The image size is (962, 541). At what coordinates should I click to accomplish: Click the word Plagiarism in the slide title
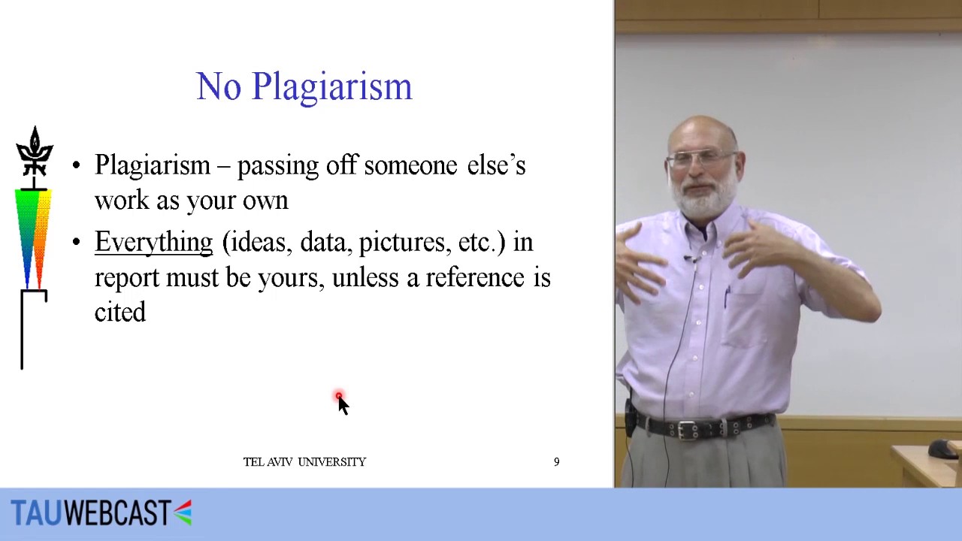point(331,87)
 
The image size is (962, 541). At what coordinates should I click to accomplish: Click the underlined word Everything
point(153,243)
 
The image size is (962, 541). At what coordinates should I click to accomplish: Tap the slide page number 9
point(557,462)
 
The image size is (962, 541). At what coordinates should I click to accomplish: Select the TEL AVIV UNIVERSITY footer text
point(304,462)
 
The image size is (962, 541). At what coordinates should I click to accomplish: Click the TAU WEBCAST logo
point(101,513)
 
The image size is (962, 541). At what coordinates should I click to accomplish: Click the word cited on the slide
point(120,313)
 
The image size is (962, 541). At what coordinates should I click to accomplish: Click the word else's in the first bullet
point(496,165)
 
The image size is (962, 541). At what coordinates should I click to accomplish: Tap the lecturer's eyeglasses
point(702,159)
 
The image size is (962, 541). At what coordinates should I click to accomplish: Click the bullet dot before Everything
point(76,243)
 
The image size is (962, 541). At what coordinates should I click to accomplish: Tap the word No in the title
point(219,87)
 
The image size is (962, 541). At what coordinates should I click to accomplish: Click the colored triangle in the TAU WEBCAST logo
point(183,512)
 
